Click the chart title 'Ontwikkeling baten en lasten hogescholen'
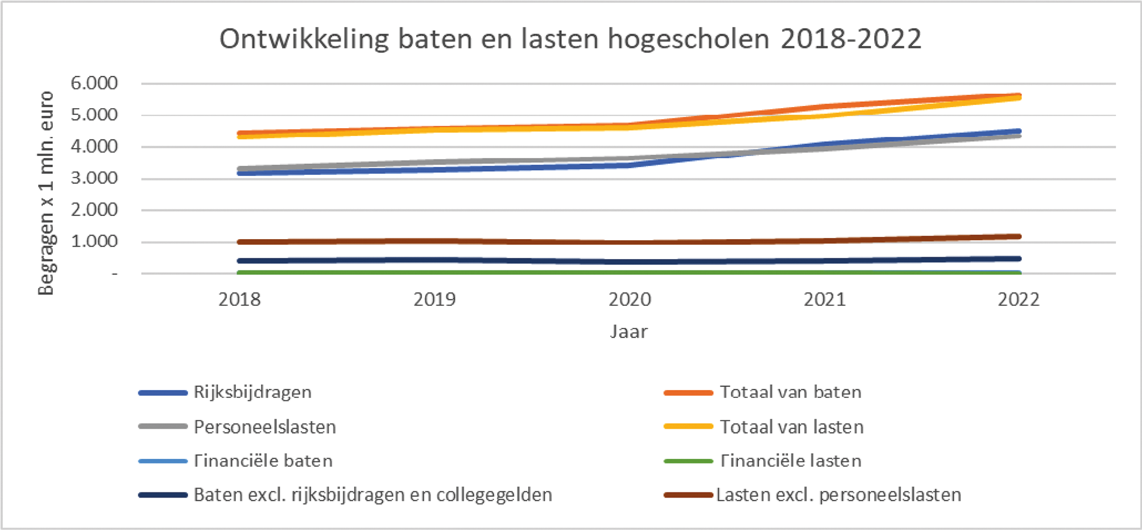coord(570,39)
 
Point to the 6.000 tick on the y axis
coord(94,83)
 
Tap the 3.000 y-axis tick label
coord(94,178)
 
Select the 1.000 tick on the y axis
coord(94,241)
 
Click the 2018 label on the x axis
coord(239,299)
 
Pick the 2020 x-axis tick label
coord(630,299)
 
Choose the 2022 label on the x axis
coord(1018,299)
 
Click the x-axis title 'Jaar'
coord(628,331)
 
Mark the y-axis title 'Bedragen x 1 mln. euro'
coord(45,194)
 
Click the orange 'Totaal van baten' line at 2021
coord(825,106)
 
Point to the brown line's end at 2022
coord(1019,236)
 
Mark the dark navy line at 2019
coord(435,260)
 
